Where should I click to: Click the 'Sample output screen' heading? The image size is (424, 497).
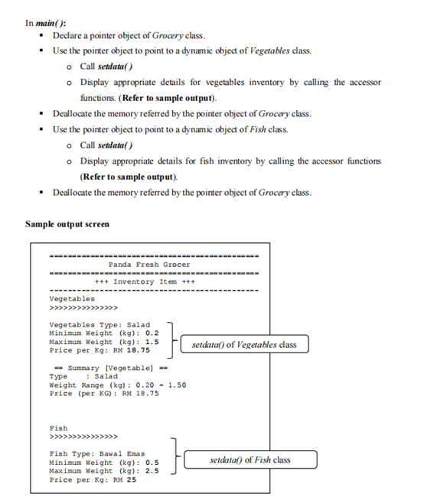coord(67,224)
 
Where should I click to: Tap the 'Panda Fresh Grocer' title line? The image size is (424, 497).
coord(149,265)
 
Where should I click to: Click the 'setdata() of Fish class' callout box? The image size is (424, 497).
coord(250,460)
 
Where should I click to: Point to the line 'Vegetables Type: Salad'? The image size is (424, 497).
coord(99,325)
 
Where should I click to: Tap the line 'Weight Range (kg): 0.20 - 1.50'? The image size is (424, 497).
coord(117,385)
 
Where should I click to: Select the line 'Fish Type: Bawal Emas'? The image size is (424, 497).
coord(98,454)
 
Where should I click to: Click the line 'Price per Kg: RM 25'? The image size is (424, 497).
coord(93,479)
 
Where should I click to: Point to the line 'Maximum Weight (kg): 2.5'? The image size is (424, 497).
coord(103,471)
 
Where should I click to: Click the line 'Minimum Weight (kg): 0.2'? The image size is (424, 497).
coord(103,333)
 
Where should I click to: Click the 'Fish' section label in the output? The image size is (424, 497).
coord(58,428)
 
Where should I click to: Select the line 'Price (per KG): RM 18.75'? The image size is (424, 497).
coord(104,393)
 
